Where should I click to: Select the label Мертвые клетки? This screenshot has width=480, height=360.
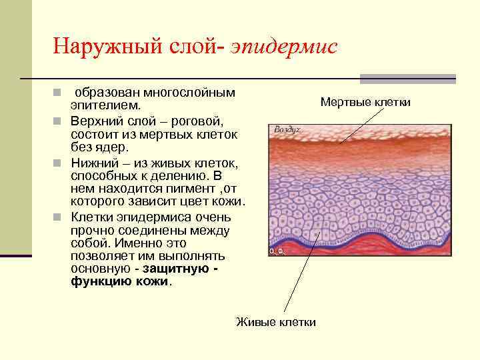(x=365, y=102)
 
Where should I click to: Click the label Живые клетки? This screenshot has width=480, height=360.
(x=276, y=322)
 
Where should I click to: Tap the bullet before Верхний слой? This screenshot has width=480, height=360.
(x=57, y=121)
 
